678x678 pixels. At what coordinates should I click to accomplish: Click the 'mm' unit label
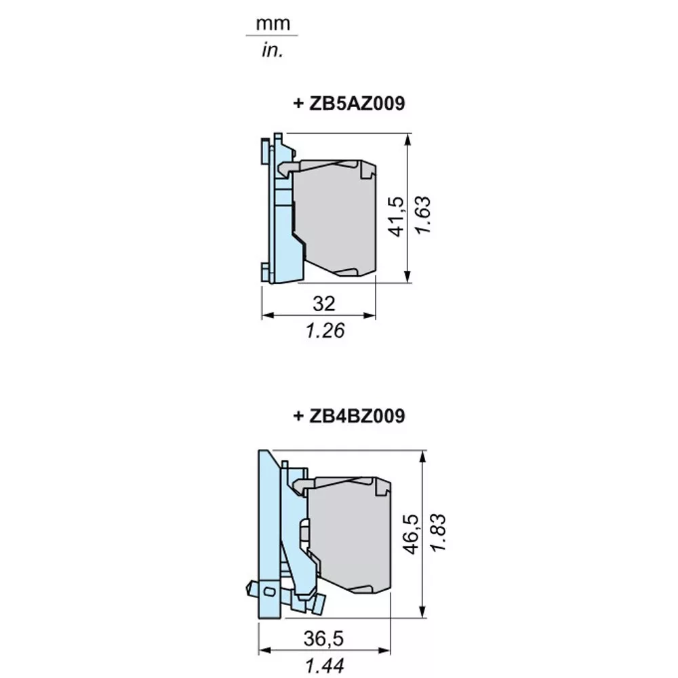click(273, 23)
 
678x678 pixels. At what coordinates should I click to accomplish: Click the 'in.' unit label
click(273, 50)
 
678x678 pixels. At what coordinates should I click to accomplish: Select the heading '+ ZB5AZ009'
click(349, 103)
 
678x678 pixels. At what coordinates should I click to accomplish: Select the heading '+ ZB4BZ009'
click(349, 416)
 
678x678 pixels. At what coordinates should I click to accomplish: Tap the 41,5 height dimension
click(397, 217)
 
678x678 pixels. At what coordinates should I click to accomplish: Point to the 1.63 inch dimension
click(423, 215)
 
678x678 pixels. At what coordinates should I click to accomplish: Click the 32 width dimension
click(324, 303)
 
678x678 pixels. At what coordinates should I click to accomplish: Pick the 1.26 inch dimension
click(325, 331)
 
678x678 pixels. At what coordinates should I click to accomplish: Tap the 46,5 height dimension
click(411, 534)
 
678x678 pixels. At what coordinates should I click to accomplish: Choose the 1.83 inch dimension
click(437, 532)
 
